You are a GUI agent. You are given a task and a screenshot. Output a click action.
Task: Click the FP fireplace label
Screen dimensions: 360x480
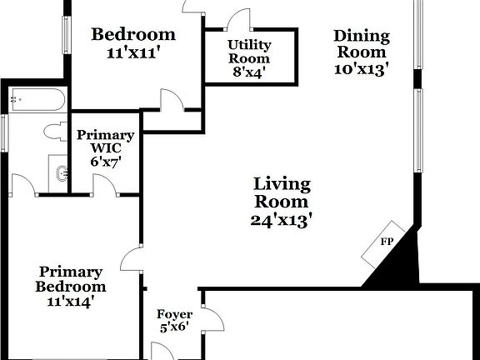coord(387,242)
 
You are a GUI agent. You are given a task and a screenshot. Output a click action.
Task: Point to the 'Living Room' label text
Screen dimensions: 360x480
coord(282,192)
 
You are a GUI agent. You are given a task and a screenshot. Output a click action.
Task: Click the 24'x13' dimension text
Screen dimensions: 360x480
coord(282,220)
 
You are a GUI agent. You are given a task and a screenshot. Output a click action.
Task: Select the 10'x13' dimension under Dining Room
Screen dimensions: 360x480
coord(361,70)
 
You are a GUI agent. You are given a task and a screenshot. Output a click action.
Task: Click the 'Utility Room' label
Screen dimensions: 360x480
coord(249,52)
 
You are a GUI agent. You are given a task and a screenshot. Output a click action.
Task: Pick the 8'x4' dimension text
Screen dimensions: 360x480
coord(249,72)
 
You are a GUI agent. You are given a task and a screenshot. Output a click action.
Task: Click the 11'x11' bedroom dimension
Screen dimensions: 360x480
coord(133,52)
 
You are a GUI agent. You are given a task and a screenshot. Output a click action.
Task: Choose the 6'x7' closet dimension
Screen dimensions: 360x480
coord(106,162)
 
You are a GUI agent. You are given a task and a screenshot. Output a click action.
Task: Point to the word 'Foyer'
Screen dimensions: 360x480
coord(173,315)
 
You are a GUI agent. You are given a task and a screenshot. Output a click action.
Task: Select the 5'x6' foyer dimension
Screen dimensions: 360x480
coord(173,327)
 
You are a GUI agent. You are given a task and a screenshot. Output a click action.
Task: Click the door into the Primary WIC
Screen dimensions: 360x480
coord(103,187)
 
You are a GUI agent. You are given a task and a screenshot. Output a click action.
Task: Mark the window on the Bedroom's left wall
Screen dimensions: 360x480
coord(65,32)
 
